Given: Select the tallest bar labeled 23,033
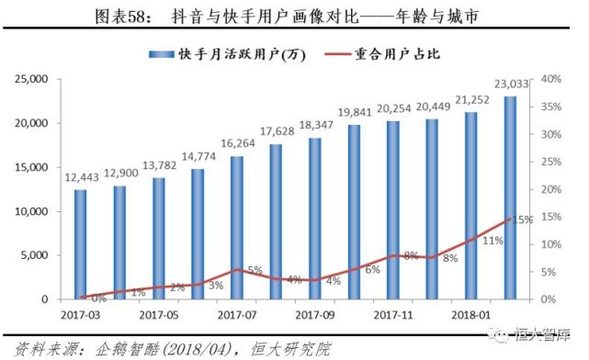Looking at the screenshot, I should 510,197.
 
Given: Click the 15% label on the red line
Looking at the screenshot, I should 524,220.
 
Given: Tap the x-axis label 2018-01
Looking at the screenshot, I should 470,315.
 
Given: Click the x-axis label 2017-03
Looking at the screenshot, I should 81,315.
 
